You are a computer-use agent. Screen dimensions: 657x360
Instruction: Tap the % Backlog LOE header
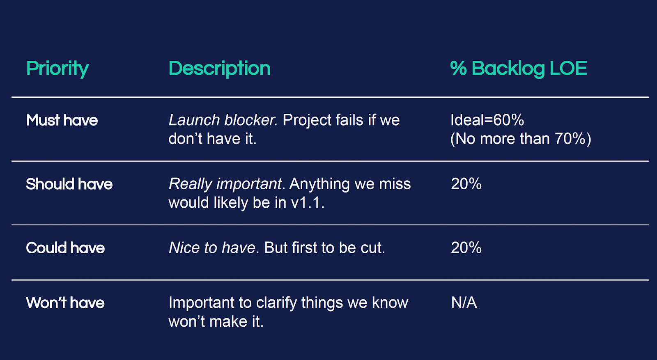pyautogui.click(x=519, y=69)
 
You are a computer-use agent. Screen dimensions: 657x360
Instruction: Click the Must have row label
pyautogui.click(x=62, y=120)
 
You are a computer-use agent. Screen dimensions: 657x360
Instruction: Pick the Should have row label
pyautogui.click(x=69, y=184)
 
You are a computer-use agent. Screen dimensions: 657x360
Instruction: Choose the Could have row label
pyautogui.click(x=65, y=248)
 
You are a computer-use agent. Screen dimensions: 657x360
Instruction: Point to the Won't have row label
pyautogui.click(x=65, y=303)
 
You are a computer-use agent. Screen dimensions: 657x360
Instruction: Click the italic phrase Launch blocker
pyautogui.click(x=223, y=120)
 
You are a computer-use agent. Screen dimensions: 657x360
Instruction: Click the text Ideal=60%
pyautogui.click(x=487, y=120)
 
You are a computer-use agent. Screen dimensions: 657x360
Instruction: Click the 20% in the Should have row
pyautogui.click(x=466, y=184)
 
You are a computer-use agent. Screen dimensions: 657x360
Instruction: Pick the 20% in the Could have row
pyautogui.click(x=466, y=248)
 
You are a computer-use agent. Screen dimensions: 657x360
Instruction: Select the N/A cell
pyautogui.click(x=464, y=303)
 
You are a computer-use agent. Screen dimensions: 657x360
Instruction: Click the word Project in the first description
pyautogui.click(x=307, y=121)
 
